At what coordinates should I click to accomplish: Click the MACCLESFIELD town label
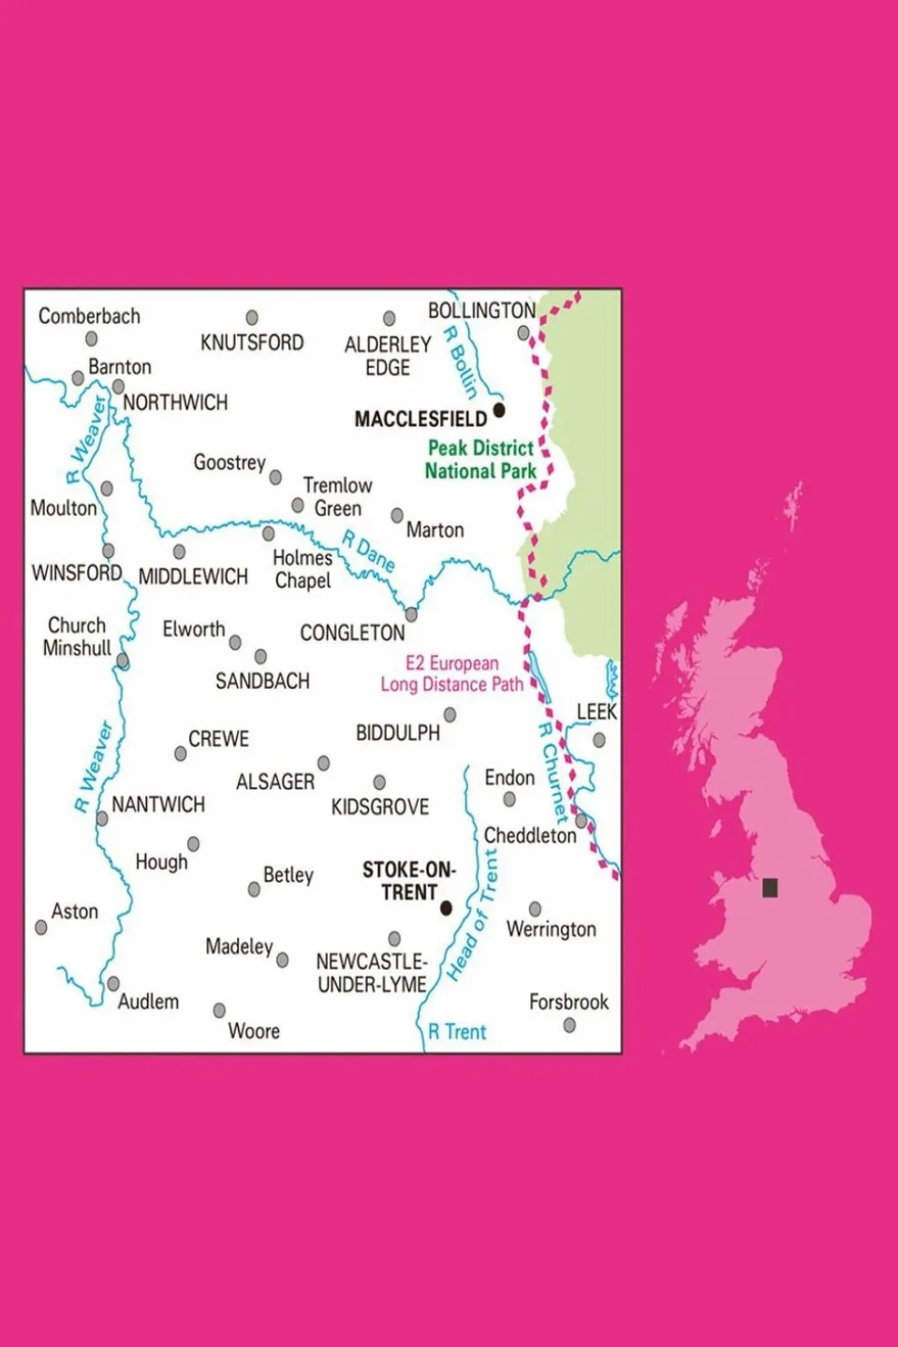[420, 418]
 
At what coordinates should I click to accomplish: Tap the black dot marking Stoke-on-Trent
[446, 908]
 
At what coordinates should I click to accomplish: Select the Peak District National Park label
[480, 460]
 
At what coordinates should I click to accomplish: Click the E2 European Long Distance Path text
[451, 674]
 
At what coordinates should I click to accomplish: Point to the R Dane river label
[368, 551]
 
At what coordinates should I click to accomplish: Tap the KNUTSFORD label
[252, 343]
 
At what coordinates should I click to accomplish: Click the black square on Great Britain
[770, 887]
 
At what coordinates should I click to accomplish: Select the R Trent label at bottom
[457, 1032]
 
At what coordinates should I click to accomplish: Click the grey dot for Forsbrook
[569, 1025]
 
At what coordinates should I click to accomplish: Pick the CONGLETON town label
[352, 634]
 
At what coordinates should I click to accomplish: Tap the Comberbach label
[89, 316]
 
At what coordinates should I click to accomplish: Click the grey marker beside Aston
[41, 928]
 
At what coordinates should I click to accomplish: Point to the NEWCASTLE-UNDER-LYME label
[372, 973]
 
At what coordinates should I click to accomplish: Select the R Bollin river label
[461, 362]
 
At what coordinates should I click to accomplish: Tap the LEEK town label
[596, 712]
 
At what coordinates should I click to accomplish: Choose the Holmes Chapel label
[302, 569]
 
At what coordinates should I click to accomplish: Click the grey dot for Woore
[219, 1010]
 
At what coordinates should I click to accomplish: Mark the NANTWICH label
[158, 804]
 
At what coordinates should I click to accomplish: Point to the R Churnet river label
[552, 773]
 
